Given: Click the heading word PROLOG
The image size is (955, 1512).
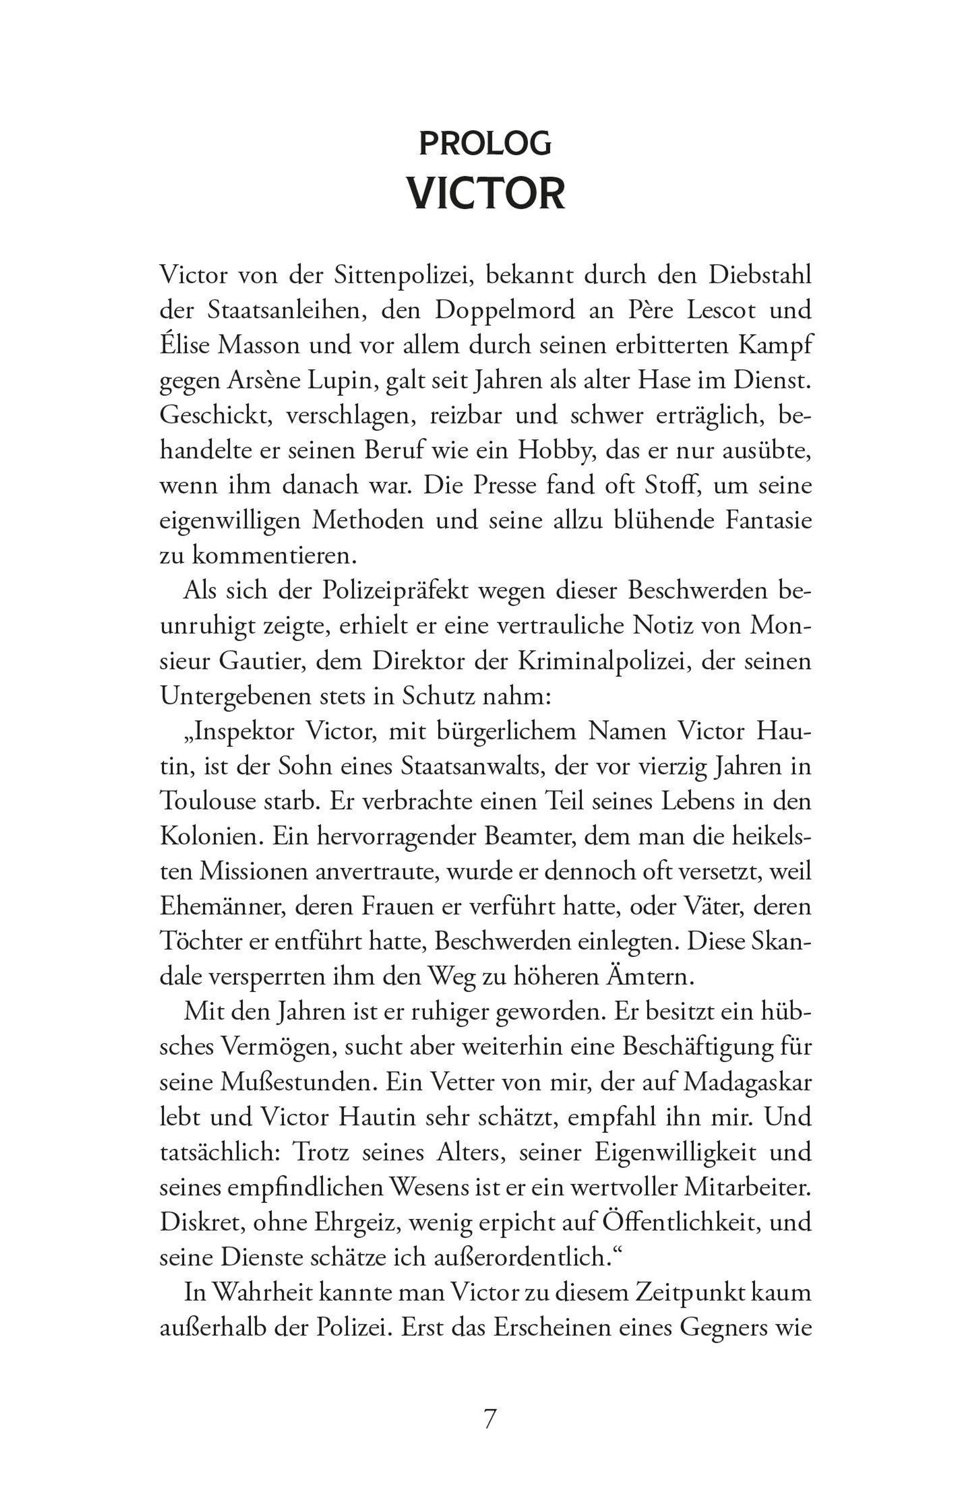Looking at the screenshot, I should point(485,144).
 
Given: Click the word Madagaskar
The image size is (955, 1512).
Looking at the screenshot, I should point(746,1082).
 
